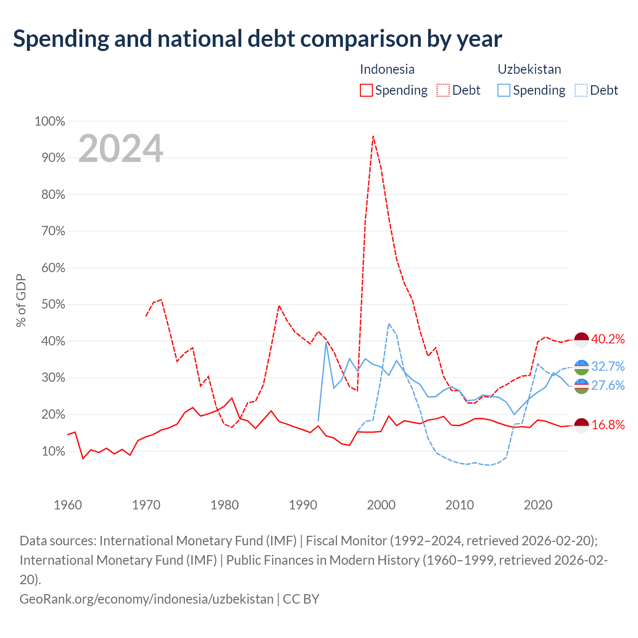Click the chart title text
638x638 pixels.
(257, 39)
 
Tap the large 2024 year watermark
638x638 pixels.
(121, 148)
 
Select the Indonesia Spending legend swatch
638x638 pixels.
(366, 90)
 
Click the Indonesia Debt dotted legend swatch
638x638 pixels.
(443, 90)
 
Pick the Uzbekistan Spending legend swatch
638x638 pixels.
(503, 90)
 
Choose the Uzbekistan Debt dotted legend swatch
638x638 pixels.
(581, 90)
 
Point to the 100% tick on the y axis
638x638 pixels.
(50, 121)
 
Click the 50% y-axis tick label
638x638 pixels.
(53, 304)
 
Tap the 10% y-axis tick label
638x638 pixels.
(53, 451)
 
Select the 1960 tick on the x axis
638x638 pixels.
(68, 505)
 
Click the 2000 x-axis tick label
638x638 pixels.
(381, 505)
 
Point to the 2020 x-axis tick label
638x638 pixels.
(538, 505)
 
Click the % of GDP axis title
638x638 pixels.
(21, 300)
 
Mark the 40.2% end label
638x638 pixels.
(608, 339)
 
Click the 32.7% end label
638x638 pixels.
(608, 366)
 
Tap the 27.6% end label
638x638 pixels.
(608, 385)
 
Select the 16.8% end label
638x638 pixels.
(608, 425)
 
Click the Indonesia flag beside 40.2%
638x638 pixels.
(581, 340)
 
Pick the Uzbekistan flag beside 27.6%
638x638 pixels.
(581, 386)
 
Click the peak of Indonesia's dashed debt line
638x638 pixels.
(373, 136)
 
